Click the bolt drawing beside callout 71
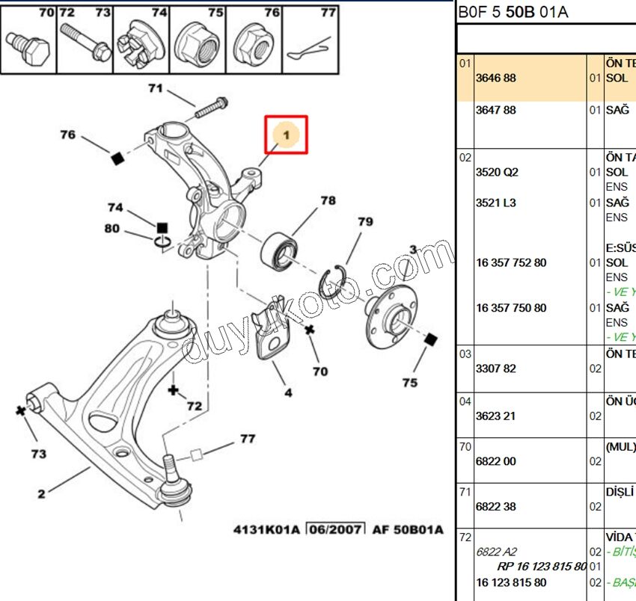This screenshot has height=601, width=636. click(x=212, y=108)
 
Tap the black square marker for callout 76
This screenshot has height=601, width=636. click(x=117, y=158)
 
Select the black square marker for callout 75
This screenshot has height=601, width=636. click(x=429, y=341)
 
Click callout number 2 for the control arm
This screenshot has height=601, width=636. click(x=41, y=493)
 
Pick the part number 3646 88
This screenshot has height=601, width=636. click(x=496, y=78)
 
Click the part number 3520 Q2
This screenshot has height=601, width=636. click(x=497, y=172)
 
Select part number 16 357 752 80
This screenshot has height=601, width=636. click(x=511, y=262)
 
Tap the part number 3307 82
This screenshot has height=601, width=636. click(x=496, y=369)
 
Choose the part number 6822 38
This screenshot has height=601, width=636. click(x=496, y=507)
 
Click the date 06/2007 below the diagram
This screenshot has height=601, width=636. click(x=334, y=530)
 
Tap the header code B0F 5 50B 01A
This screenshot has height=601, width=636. click(x=513, y=11)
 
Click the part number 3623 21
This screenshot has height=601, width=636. click(x=496, y=416)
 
